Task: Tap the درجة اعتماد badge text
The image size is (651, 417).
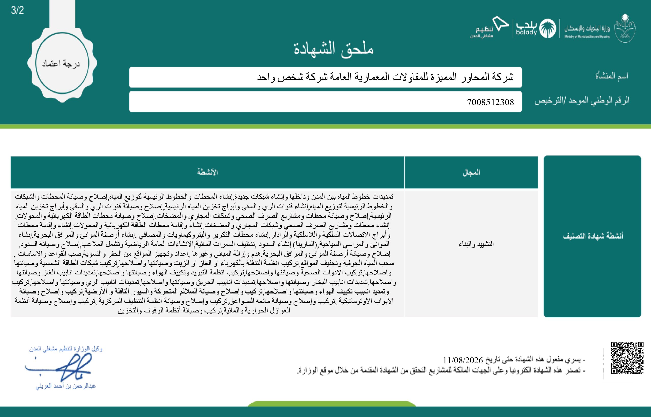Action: coord(61,64)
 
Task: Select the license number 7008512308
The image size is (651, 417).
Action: coord(490,102)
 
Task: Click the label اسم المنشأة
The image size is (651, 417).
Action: coord(611,76)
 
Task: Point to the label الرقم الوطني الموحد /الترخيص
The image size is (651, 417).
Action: coord(582,100)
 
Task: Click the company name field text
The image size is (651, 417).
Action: coord(385,77)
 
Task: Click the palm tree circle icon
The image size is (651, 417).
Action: coord(548,28)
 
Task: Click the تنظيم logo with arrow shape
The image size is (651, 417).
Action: coord(489,28)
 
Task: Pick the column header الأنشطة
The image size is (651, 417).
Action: coord(207,172)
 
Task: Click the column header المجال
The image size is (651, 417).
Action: coord(471,173)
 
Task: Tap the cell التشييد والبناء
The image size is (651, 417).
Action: coord(476,244)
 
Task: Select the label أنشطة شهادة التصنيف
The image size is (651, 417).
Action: coord(593,236)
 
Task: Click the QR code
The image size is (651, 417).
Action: coord(627,358)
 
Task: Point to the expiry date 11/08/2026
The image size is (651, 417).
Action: coord(463,360)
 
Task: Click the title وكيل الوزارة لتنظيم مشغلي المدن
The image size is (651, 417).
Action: coord(66,349)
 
